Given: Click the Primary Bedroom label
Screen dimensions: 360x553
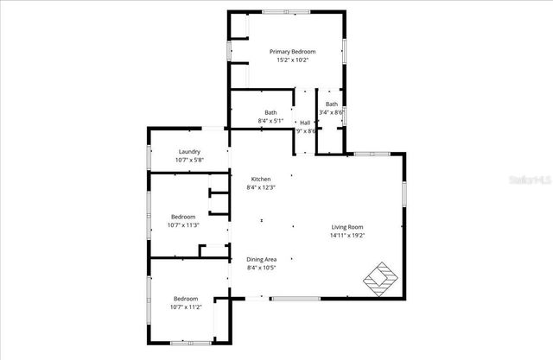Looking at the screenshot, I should point(291,52).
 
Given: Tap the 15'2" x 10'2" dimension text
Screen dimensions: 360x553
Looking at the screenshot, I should point(292,60).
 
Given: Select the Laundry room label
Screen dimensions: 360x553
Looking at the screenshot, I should point(189,152).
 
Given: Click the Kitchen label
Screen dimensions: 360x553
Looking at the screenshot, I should point(261,179).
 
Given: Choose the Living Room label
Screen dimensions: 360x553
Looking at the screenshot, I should point(347,226).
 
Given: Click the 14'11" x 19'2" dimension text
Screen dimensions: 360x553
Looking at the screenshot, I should point(347,235).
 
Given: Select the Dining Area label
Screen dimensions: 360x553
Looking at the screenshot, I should point(261,259).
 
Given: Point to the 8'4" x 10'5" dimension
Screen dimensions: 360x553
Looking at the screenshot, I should point(261,268).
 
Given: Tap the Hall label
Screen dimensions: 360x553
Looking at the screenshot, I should point(305,122).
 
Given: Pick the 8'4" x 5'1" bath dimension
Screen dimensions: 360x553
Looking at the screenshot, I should point(270,121).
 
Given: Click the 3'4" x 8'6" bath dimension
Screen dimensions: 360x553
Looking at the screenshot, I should point(332,112).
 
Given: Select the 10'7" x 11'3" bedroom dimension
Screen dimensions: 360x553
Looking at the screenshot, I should point(183,225).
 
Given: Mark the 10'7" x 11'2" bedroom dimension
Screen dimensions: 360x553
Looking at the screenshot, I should point(185,306).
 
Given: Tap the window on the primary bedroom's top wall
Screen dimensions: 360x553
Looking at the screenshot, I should point(285,12).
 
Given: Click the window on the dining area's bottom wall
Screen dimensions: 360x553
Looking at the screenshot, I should point(297,298).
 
